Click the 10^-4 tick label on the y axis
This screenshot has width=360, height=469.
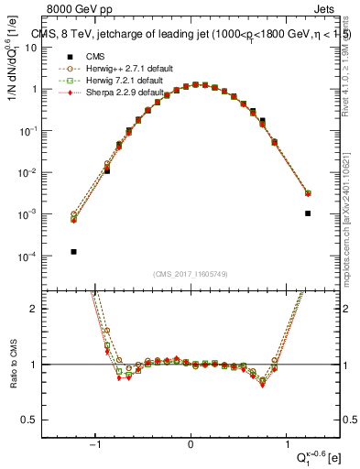pyautogui.click(x=27, y=256)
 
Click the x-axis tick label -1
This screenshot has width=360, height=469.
pyautogui.click(x=96, y=445)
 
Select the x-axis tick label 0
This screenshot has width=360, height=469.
pyautogui.click(x=191, y=445)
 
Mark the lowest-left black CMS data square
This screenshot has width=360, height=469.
pyautogui.click(x=73, y=251)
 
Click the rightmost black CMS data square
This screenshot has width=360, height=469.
pyautogui.click(x=308, y=213)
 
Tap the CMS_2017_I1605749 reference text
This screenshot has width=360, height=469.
pyautogui.click(x=191, y=274)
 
